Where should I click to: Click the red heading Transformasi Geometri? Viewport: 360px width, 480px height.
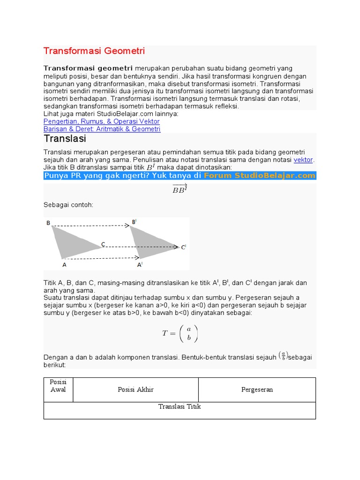tap(94, 51)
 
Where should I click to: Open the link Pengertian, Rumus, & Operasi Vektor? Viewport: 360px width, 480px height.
tap(101, 121)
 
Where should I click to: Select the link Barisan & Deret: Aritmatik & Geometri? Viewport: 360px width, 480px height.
tap(102, 129)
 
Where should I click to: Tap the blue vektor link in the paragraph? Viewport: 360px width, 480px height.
tap(303, 160)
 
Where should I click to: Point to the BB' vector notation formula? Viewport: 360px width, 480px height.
tap(180, 189)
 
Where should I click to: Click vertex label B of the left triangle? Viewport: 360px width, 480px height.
tap(48, 223)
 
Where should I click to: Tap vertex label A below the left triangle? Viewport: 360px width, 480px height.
tap(64, 265)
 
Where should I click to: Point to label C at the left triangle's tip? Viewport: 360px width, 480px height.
tap(103, 244)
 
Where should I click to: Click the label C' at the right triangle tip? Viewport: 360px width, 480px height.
tap(184, 247)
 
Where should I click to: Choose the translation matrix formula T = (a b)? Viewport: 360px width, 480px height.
tap(180, 333)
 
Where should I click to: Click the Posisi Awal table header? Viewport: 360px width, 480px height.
tap(58, 386)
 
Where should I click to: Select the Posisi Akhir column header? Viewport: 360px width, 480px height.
tap(135, 390)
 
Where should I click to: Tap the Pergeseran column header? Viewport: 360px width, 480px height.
tap(257, 390)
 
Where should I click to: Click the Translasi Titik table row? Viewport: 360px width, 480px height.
tap(180, 406)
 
